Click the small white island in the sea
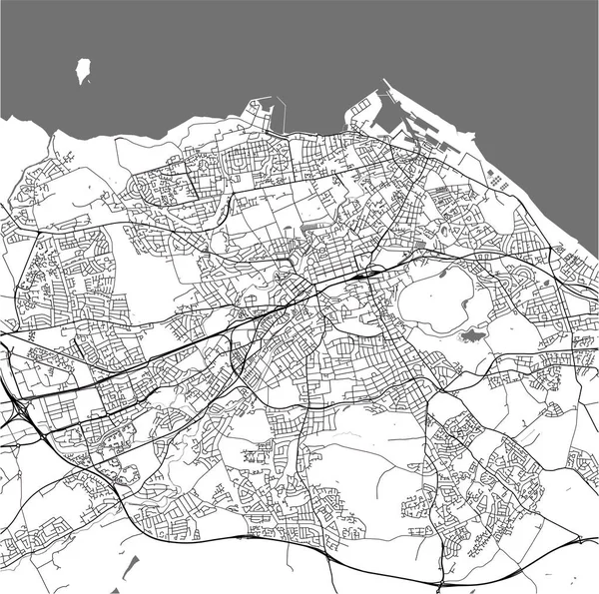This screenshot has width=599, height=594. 83,71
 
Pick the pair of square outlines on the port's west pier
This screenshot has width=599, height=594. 356,118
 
